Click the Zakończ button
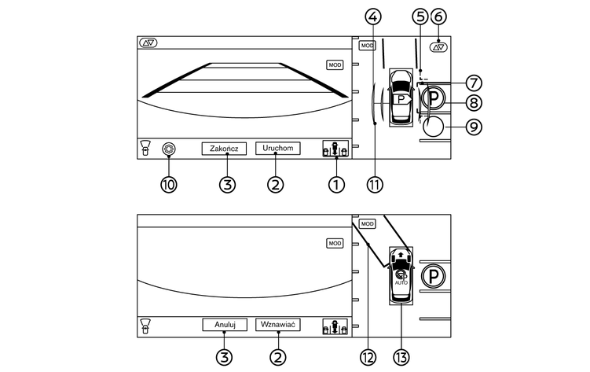tap(225, 148)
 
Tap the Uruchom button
tap(277, 148)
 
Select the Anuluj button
tap(225, 324)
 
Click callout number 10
tap(169, 184)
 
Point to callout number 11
tap(375, 184)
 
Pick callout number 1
tap(337, 184)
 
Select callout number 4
tap(374, 16)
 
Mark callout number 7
tap(473, 83)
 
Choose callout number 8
tap(473, 102)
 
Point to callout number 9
tap(473, 125)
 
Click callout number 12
tap(367, 355)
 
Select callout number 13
tap(402, 355)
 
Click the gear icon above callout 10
tap(167, 148)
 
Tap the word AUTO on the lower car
tap(401, 282)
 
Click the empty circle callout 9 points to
tap(432, 125)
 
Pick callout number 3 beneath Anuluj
tap(225, 355)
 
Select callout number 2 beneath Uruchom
tap(277, 184)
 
